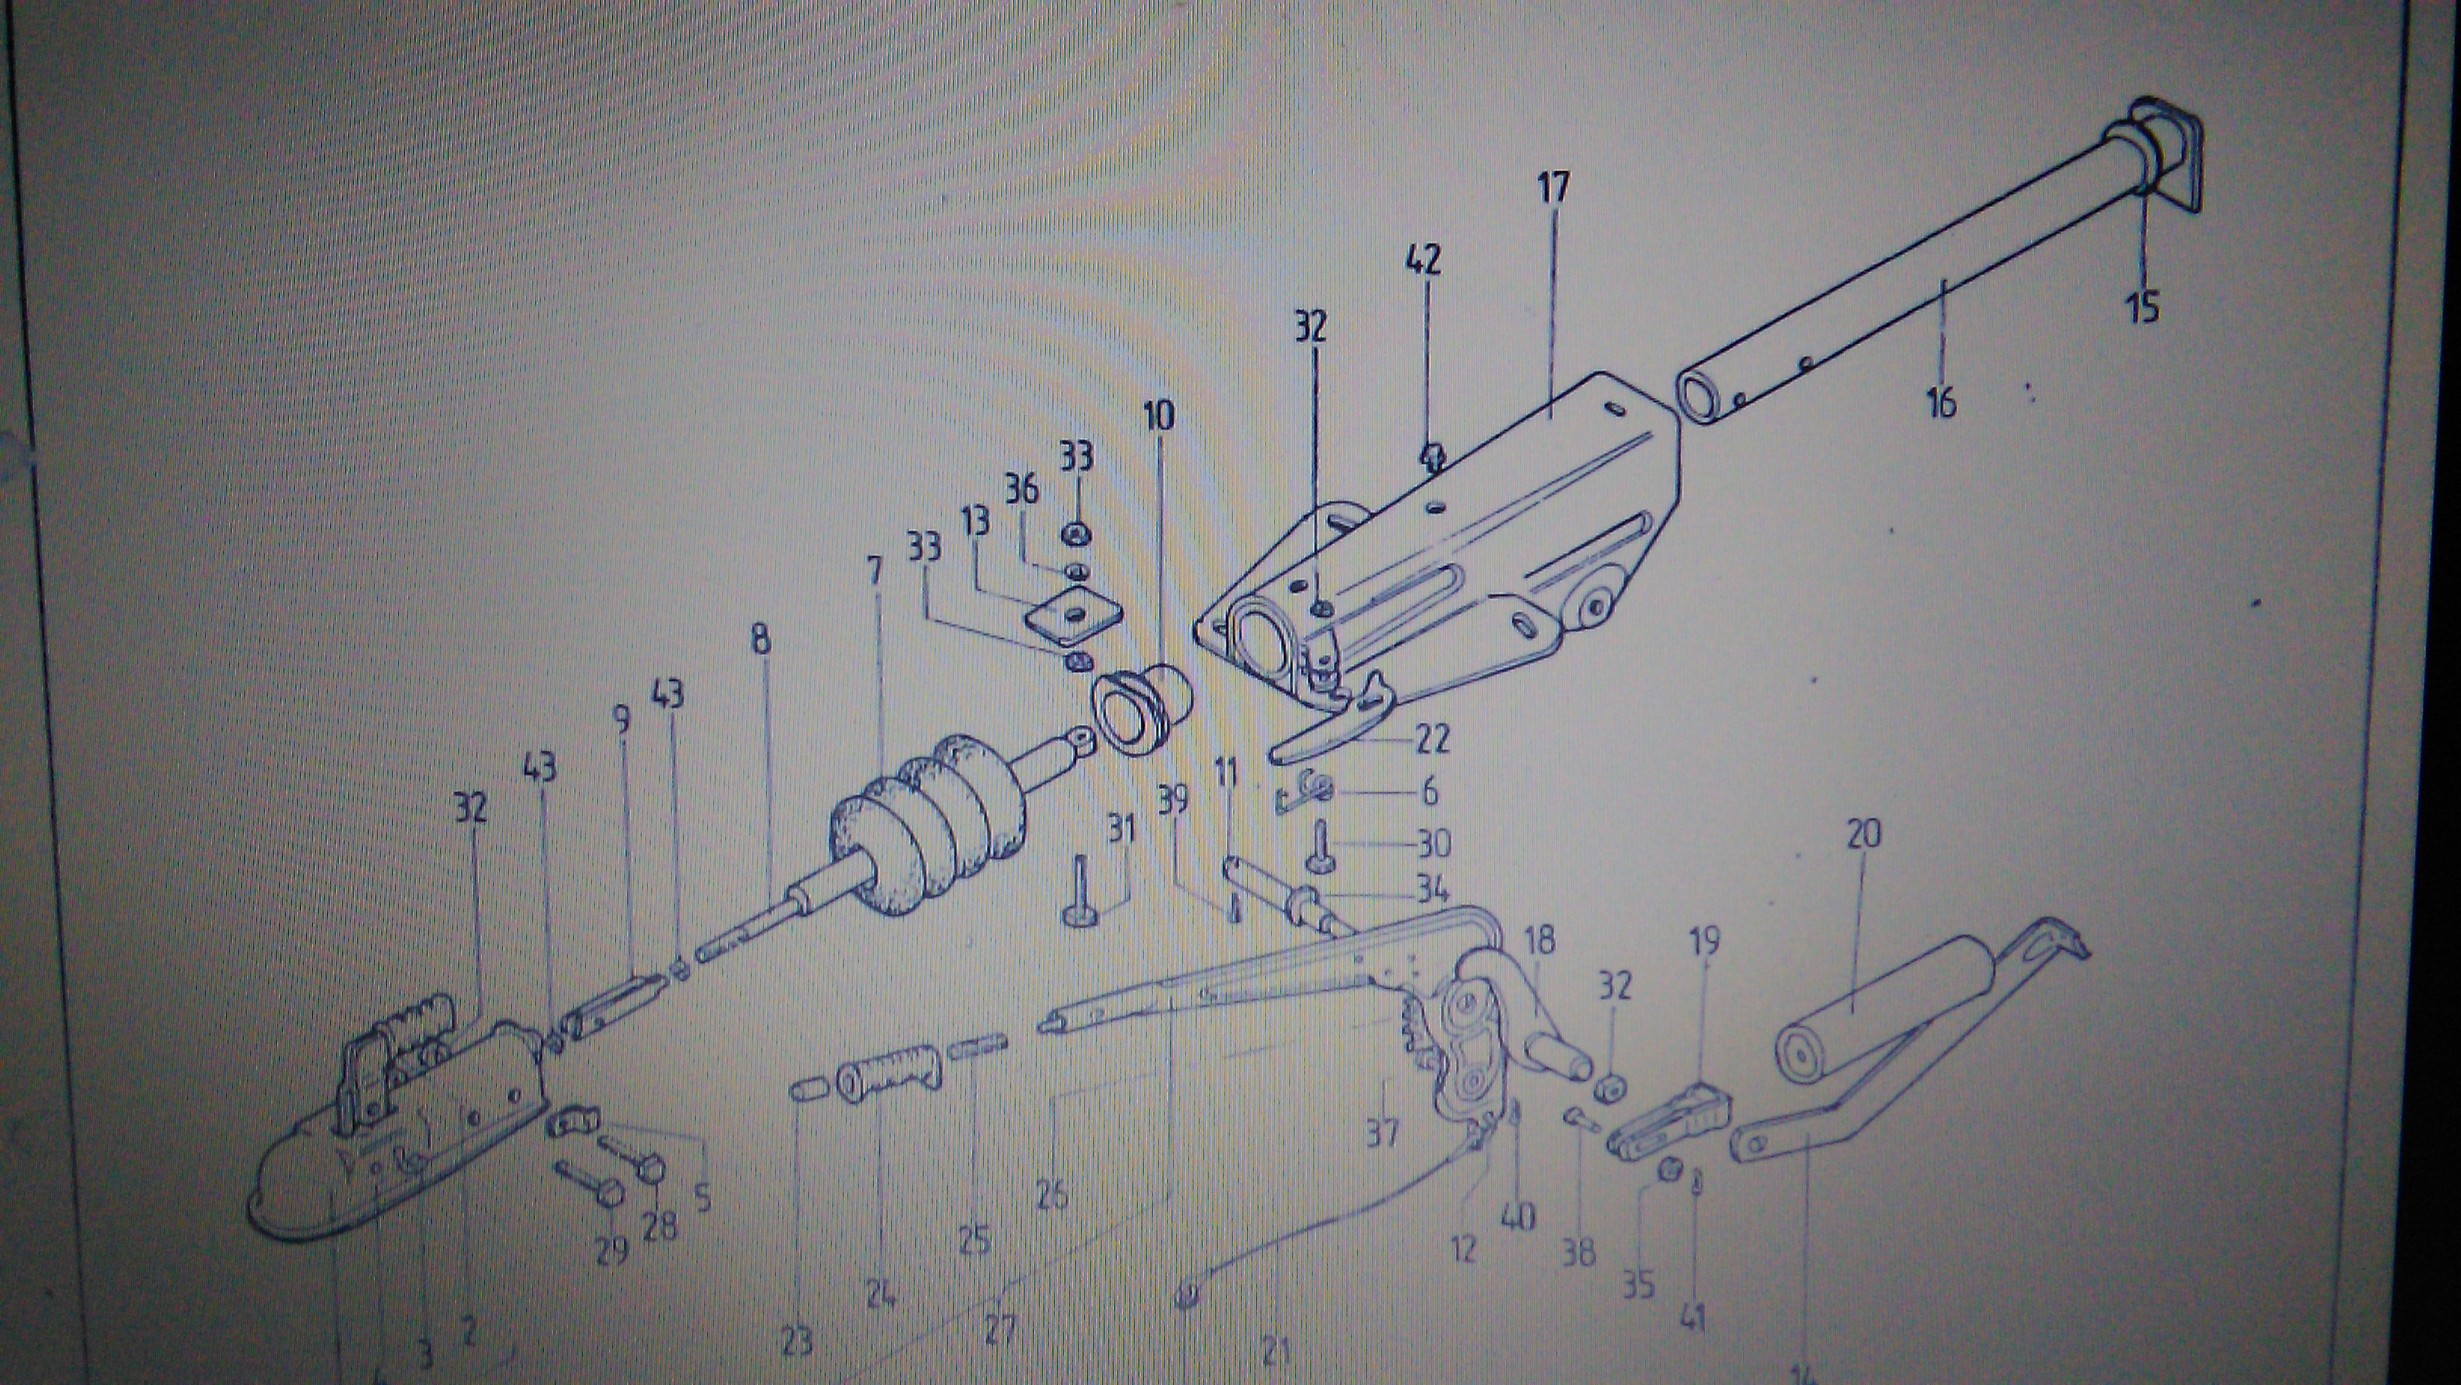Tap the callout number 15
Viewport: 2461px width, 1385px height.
pos(2143,308)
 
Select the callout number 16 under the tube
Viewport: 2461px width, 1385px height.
pos(1940,401)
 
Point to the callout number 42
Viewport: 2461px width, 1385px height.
pos(1423,260)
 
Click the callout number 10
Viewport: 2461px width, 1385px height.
pos(1158,416)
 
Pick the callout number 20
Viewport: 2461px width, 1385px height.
pos(1863,834)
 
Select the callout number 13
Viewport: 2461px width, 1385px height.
pos(976,522)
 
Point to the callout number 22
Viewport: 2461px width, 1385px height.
pos(1430,739)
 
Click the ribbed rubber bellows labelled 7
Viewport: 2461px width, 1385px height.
pos(927,822)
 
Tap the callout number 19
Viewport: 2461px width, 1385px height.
pos(1704,941)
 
